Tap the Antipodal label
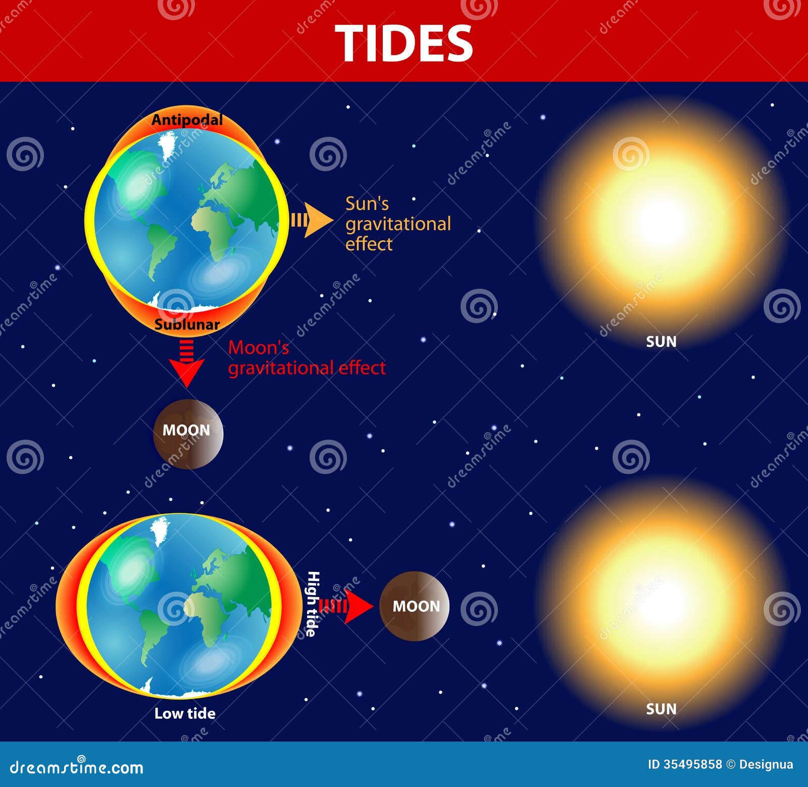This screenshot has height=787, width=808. point(187,120)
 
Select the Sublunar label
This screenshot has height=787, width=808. point(187,324)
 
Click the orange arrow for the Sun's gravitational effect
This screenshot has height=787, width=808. point(312,221)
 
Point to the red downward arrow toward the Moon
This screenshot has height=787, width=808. point(187,366)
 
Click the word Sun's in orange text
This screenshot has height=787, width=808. point(367,204)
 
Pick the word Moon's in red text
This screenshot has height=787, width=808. point(259,348)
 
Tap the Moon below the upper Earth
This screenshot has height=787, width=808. point(188,434)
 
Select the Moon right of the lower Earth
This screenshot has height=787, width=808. point(414,606)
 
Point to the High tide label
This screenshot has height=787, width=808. point(313,604)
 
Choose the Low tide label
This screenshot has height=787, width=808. point(185,713)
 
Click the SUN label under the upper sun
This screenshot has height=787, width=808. point(661,342)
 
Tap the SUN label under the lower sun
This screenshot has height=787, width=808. point(661,709)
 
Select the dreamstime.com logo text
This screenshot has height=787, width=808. point(77,767)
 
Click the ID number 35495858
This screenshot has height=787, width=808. point(692,764)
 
